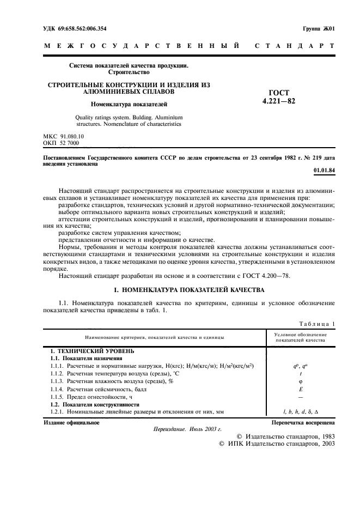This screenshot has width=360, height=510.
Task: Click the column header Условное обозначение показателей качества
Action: point(300,337)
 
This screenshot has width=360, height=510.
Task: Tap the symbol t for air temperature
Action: point(301,375)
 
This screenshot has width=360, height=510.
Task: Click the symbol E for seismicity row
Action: point(301,390)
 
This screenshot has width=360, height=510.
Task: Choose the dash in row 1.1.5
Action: point(301,398)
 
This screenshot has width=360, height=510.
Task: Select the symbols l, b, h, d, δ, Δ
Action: point(301,413)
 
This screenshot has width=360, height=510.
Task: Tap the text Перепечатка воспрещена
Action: point(303,422)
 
